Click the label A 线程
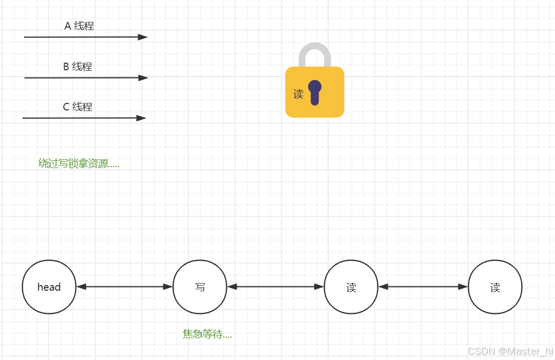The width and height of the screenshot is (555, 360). tap(79, 26)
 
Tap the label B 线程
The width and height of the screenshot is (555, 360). tap(77, 67)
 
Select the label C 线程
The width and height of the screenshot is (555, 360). tap(77, 107)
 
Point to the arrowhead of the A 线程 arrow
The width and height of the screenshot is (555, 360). tap(143, 37)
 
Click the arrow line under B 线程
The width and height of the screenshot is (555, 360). tap(81, 78)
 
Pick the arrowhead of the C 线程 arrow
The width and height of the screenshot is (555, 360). tap(141, 118)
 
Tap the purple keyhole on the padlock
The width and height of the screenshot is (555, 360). tap(315, 92)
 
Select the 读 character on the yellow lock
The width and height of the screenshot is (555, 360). tap(298, 94)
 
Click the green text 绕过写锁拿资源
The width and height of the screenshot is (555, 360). tap(79, 163)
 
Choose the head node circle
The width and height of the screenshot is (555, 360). tap(49, 287)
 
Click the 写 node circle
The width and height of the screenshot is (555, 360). tap(200, 287)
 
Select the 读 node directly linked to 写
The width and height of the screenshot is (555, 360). tap(351, 287)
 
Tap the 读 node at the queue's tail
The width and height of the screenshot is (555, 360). tap(495, 287)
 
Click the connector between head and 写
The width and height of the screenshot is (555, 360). tap(124, 287)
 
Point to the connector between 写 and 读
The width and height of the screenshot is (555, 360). tap(275, 287)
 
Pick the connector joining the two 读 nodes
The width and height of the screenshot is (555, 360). tap(423, 287)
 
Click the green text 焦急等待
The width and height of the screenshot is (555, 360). tap(207, 335)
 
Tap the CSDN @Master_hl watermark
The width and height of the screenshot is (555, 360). tap(510, 351)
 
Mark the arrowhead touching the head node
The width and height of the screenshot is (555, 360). tap(81, 287)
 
